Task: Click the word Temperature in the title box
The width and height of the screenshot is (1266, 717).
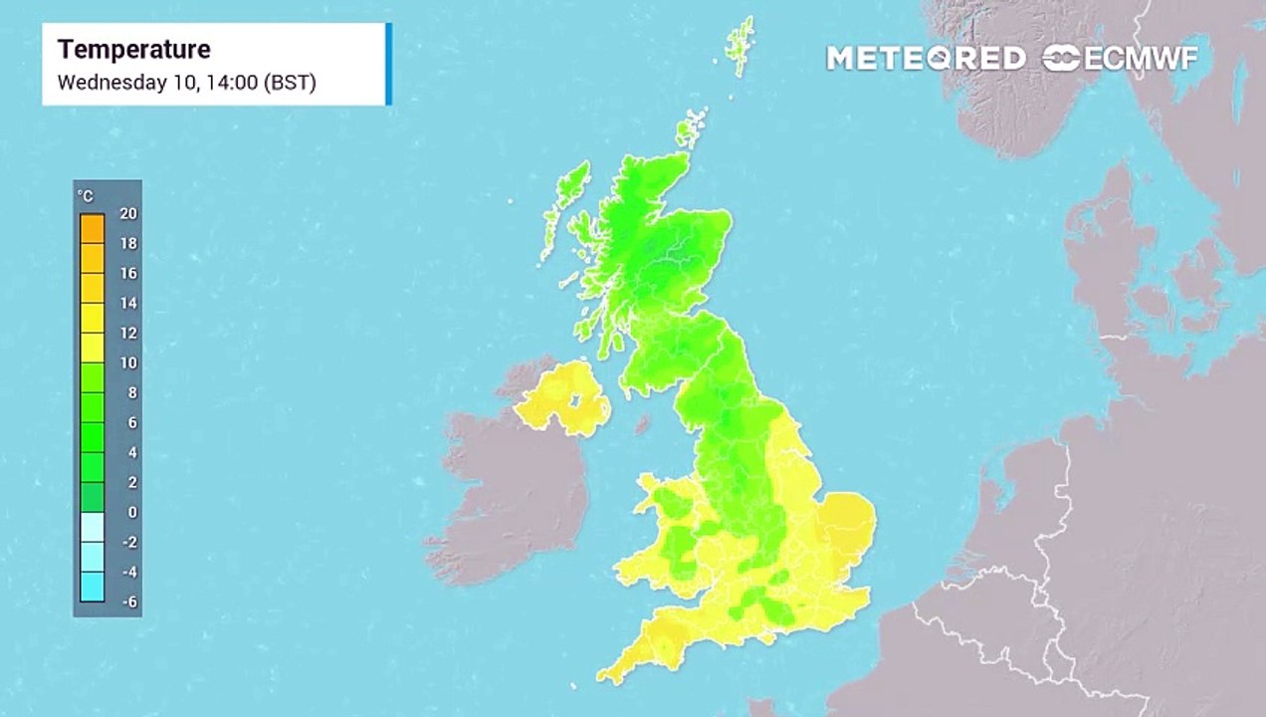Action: (134, 50)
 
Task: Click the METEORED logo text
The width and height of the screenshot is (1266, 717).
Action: (926, 58)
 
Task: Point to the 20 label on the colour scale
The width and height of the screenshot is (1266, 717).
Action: (128, 213)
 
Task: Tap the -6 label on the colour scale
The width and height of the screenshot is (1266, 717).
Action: (128, 601)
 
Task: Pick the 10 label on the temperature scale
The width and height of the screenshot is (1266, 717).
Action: (128, 362)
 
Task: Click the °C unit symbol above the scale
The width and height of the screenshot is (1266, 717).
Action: (86, 196)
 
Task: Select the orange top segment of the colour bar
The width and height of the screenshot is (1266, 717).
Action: (92, 229)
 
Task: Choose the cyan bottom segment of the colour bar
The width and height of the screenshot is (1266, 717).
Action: (92, 586)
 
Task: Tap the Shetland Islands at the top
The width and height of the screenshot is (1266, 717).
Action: (738, 45)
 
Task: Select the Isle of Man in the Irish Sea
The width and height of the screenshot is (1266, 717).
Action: (643, 424)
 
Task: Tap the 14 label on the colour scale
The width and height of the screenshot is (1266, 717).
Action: (128, 303)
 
